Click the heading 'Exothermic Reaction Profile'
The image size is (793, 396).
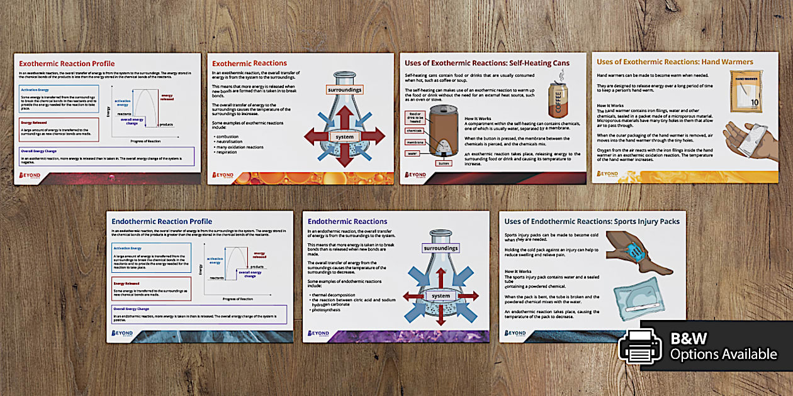click(x=67, y=63)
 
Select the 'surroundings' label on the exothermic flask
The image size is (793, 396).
click(x=344, y=90)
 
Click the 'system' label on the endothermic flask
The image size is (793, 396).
click(x=441, y=296)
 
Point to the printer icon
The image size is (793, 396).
click(x=639, y=346)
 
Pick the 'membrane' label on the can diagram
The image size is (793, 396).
click(x=414, y=142)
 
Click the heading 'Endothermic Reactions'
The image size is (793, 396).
click(x=347, y=221)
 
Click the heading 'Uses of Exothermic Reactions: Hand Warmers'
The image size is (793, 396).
click(x=675, y=62)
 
